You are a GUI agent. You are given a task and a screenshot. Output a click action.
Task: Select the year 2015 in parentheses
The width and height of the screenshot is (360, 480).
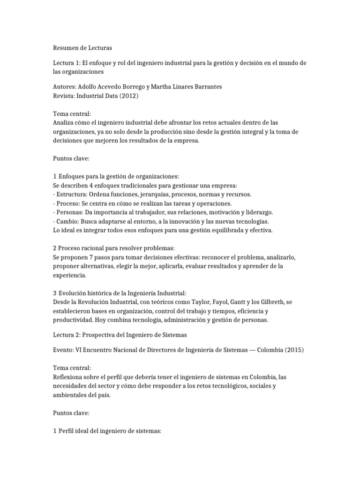pos(293,351)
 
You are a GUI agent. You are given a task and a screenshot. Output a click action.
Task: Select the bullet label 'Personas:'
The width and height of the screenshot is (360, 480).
pos(70,212)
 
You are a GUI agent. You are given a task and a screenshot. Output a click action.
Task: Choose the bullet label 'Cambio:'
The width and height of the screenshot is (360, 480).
pos(68,221)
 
